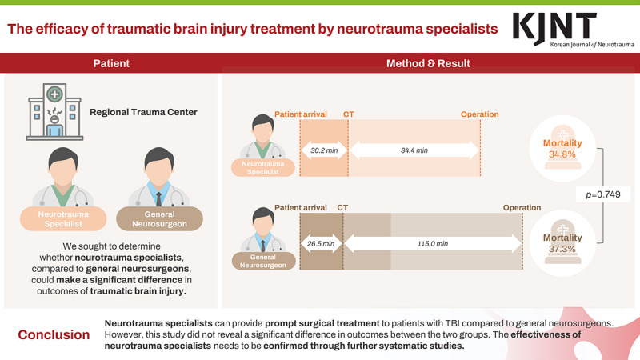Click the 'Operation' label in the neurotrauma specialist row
point(479,114)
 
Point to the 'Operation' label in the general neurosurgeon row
point(522,208)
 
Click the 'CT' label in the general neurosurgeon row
point(343,208)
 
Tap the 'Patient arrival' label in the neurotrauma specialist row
point(301,114)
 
